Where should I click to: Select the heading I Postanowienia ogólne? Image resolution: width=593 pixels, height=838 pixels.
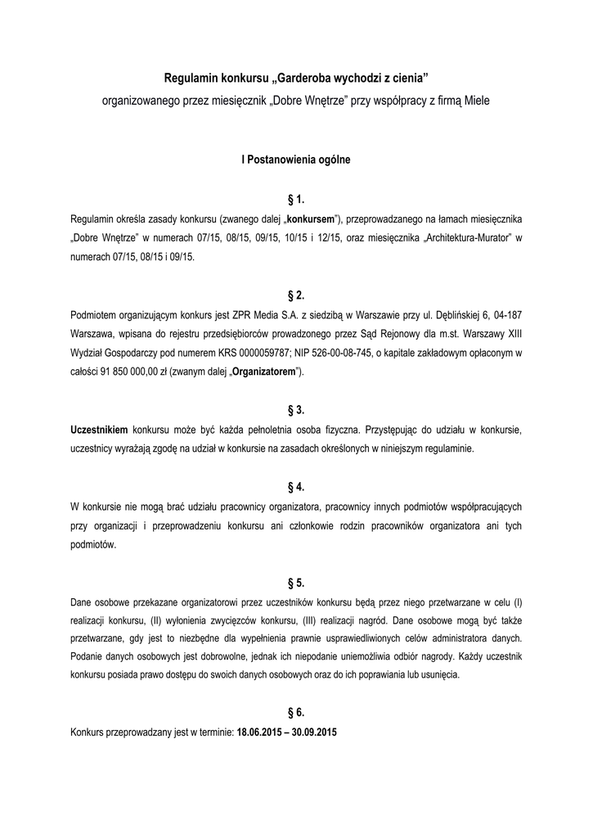pyautogui.click(x=296, y=160)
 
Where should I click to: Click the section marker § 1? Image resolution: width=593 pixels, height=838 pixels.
pyautogui.click(x=296, y=200)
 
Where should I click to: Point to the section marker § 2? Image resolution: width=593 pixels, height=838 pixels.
pyautogui.click(x=296, y=295)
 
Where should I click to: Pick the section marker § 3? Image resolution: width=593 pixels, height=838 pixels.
pyautogui.click(x=296, y=409)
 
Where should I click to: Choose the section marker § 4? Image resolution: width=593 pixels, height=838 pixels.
pyautogui.click(x=296, y=486)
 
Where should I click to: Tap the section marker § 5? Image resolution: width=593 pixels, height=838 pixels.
pyautogui.click(x=296, y=583)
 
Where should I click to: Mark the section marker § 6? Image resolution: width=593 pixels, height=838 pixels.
pyautogui.click(x=296, y=712)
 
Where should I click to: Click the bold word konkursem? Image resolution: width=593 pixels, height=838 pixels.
pyautogui.click(x=312, y=220)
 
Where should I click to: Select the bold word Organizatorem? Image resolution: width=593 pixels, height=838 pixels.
pyautogui.click(x=263, y=372)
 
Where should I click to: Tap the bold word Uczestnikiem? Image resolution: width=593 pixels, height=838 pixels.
pyautogui.click(x=99, y=429)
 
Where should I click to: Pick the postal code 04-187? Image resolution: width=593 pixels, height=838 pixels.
pyautogui.click(x=503, y=315)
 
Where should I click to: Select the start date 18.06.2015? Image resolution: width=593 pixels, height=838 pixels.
pyautogui.click(x=259, y=732)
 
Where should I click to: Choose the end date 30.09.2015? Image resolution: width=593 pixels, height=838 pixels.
pyautogui.click(x=316, y=732)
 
